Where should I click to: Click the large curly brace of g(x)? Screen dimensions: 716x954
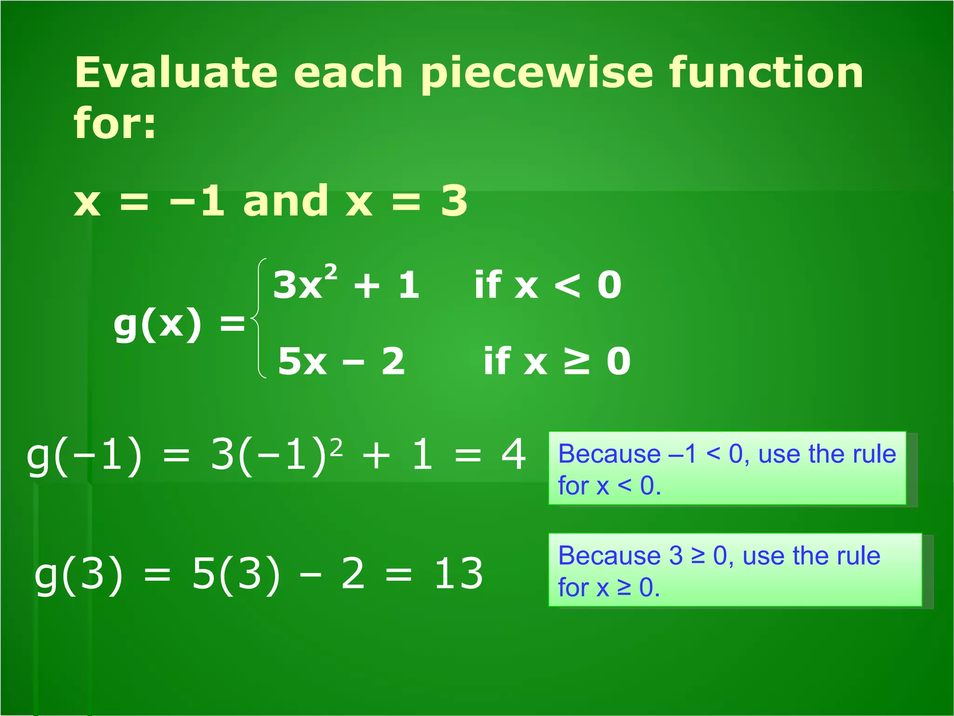tap(259, 318)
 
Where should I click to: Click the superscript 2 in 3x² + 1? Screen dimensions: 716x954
tap(331, 272)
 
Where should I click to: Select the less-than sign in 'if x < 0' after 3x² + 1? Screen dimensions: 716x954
tap(568, 285)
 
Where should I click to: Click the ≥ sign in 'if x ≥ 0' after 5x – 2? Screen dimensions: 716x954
tap(577, 361)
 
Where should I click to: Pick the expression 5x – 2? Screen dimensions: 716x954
tap(341, 361)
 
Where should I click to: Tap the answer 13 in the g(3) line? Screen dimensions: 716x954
tap(458, 574)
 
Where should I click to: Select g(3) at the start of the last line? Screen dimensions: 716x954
tap(79, 574)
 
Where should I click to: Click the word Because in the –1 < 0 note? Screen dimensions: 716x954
tap(609, 454)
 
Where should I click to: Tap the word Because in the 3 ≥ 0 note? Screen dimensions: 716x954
tap(609, 556)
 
